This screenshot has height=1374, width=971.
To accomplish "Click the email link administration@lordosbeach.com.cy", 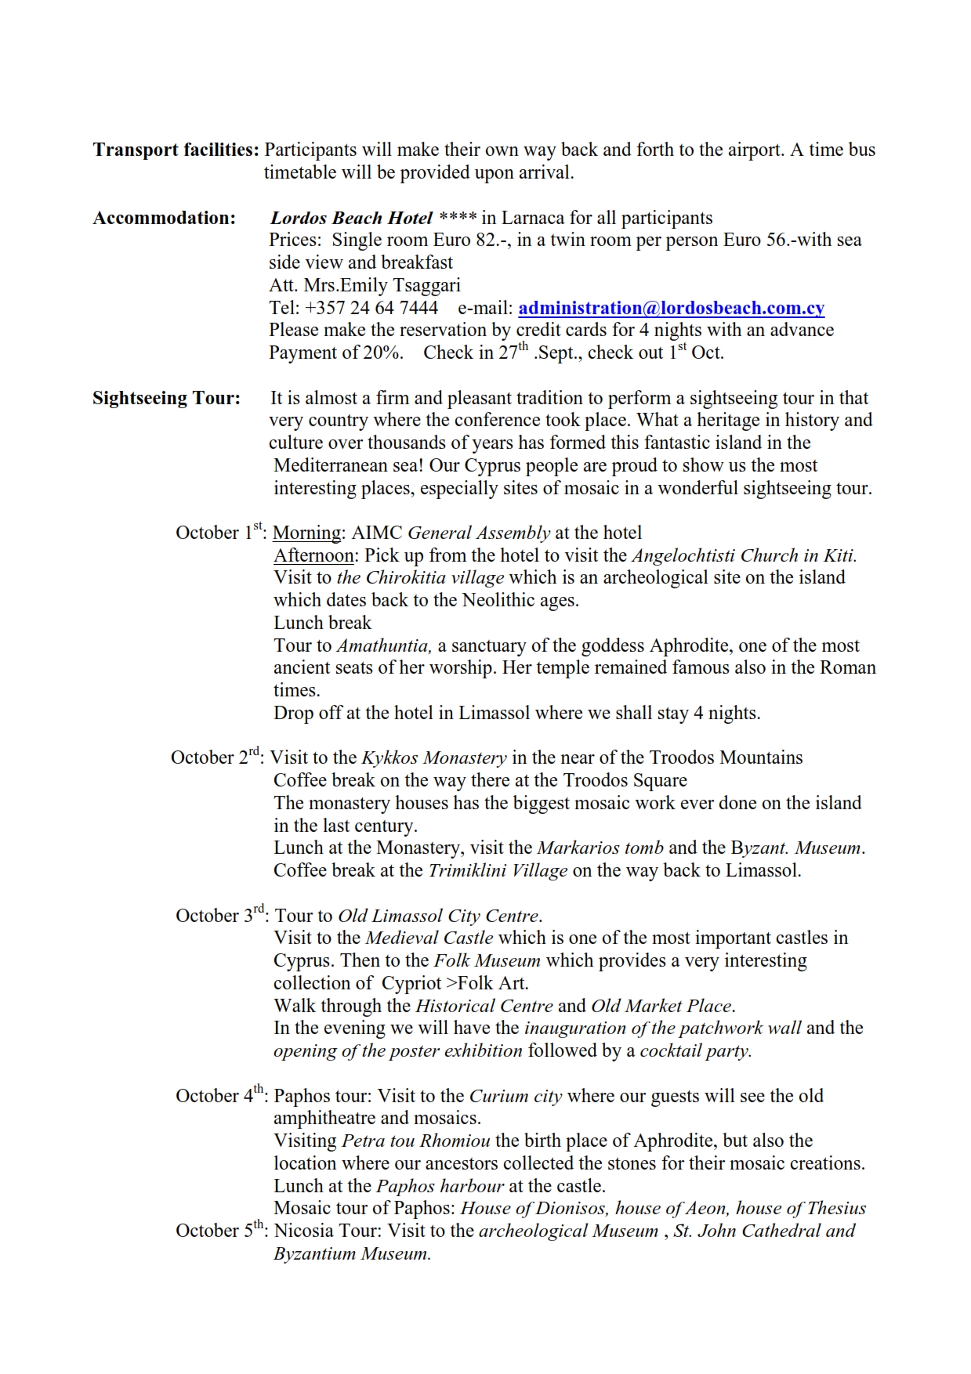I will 671,308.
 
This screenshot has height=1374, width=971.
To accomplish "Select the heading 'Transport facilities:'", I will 176,150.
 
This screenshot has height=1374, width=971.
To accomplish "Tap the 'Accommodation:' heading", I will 164,218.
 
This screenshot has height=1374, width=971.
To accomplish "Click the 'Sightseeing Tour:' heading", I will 166,398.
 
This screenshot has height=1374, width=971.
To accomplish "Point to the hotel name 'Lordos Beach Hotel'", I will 351,218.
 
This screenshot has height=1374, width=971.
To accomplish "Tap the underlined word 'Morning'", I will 306,533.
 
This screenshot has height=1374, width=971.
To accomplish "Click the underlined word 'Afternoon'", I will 313,556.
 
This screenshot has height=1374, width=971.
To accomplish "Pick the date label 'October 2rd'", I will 217,758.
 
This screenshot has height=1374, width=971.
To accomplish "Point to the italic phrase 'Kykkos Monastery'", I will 433,758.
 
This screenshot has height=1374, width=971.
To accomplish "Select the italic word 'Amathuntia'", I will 384,646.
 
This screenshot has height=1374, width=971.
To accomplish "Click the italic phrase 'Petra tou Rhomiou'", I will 416,1141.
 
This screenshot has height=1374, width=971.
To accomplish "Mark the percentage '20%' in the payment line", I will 382,353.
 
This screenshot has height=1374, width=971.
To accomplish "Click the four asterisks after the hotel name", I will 458,218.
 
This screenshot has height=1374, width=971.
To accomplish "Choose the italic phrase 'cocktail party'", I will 695,1051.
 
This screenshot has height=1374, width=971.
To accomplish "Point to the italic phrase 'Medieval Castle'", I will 429,938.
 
